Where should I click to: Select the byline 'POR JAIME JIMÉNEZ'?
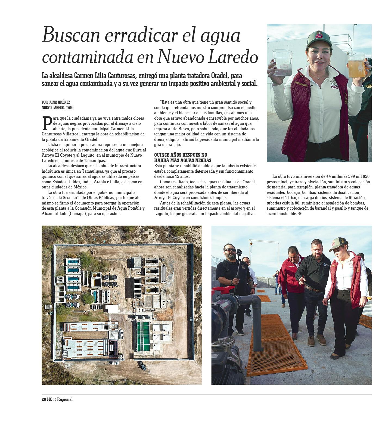coord(56,102)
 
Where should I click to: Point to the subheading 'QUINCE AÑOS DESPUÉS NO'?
coord(181,155)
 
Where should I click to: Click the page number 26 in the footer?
coord(44,399)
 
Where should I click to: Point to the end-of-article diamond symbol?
coord(300,214)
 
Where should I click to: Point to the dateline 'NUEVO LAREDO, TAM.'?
coord(58,108)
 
